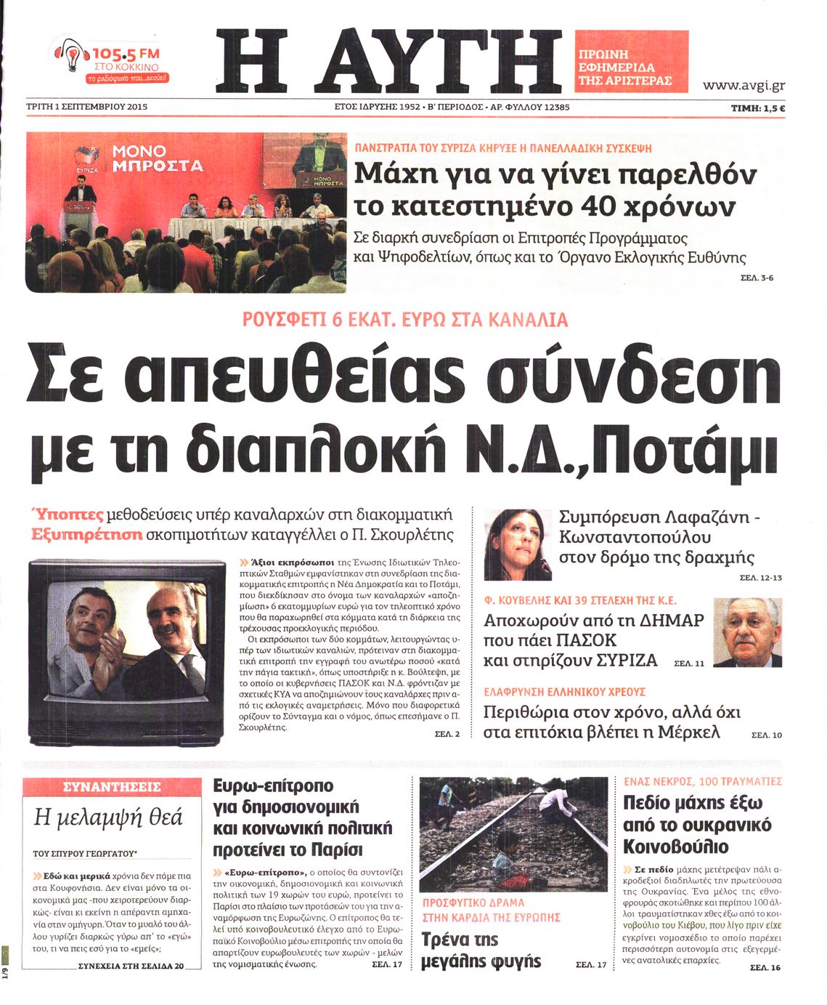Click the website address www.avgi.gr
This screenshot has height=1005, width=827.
click(x=744, y=86)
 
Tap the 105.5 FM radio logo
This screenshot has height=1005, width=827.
click(x=110, y=60)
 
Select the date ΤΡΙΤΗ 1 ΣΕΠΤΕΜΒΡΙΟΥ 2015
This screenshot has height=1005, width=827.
click(x=86, y=107)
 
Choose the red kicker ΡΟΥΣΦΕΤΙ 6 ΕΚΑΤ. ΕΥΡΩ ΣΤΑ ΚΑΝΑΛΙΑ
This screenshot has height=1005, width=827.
click(x=404, y=320)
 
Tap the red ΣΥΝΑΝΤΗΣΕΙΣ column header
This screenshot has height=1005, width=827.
click(x=112, y=786)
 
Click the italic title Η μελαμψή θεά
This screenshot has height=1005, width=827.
click(x=109, y=818)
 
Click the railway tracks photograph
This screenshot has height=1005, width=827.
click(x=513, y=832)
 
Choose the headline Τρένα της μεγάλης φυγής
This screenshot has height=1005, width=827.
click(x=481, y=950)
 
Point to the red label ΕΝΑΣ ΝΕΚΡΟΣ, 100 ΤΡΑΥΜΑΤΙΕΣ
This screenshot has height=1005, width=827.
click(x=702, y=781)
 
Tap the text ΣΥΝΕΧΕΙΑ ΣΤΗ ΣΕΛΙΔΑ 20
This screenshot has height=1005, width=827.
click(x=131, y=966)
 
